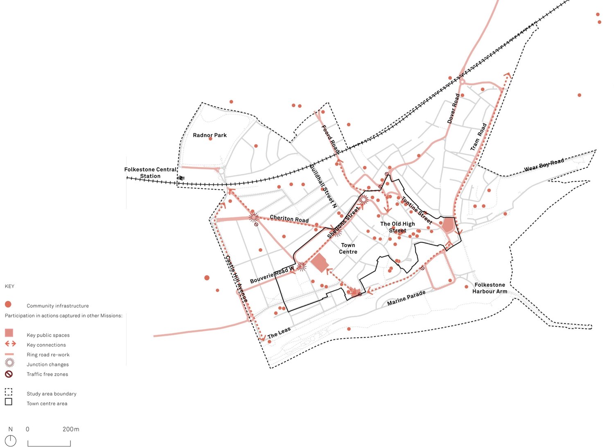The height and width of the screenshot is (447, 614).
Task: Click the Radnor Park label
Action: pyautogui.click(x=210, y=135)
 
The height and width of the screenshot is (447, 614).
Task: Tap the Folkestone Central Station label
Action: pyautogui.click(x=150, y=173)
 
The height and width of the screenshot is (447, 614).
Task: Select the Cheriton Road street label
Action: pyautogui.click(x=289, y=219)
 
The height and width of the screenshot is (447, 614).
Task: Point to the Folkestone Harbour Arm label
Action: pyautogui.click(x=490, y=288)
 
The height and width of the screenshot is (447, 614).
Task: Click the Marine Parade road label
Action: pyautogui.click(x=406, y=298)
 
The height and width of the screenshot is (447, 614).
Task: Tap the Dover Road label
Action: pyautogui.click(x=454, y=108)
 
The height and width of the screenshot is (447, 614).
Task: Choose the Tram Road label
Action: pyautogui.click(x=478, y=137)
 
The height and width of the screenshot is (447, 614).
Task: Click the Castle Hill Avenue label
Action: pyautogui.click(x=237, y=279)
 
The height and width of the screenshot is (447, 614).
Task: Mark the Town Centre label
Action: pyautogui.click(x=348, y=248)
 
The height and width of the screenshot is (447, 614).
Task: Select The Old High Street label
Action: pyautogui.click(x=397, y=227)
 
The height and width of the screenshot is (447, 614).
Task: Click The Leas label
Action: pyautogui.click(x=279, y=333)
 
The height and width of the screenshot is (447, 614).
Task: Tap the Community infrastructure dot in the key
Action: pyautogui.click(x=8, y=304)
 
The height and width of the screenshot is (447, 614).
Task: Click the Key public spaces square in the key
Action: pyautogui.click(x=9, y=333)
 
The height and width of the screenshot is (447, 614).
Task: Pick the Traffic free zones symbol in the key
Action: pyautogui.click(x=9, y=374)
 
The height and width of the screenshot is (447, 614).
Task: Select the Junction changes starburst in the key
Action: pyautogui.click(x=9, y=363)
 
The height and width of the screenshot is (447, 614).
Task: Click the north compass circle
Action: pyautogui.click(x=10, y=440)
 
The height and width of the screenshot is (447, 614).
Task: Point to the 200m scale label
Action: pyautogui.click(x=71, y=429)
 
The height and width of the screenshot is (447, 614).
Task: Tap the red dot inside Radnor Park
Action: pyautogui.click(x=210, y=139)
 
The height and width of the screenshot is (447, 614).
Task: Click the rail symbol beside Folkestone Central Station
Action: pyautogui.click(x=181, y=178)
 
